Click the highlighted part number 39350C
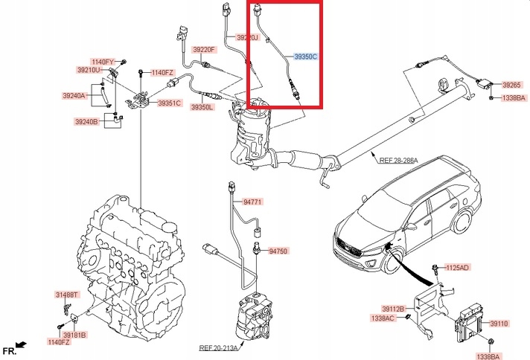[305, 56]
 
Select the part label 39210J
[248, 37]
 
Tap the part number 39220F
[204, 50]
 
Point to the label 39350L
[202, 107]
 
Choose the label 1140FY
[103, 61]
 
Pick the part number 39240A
[74, 95]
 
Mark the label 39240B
[86, 121]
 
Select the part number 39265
[511, 85]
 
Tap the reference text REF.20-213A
[217, 347]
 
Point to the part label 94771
[254, 201]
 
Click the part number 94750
[278, 251]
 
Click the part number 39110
[499, 324]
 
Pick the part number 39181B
[74, 335]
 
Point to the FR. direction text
[10, 350]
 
